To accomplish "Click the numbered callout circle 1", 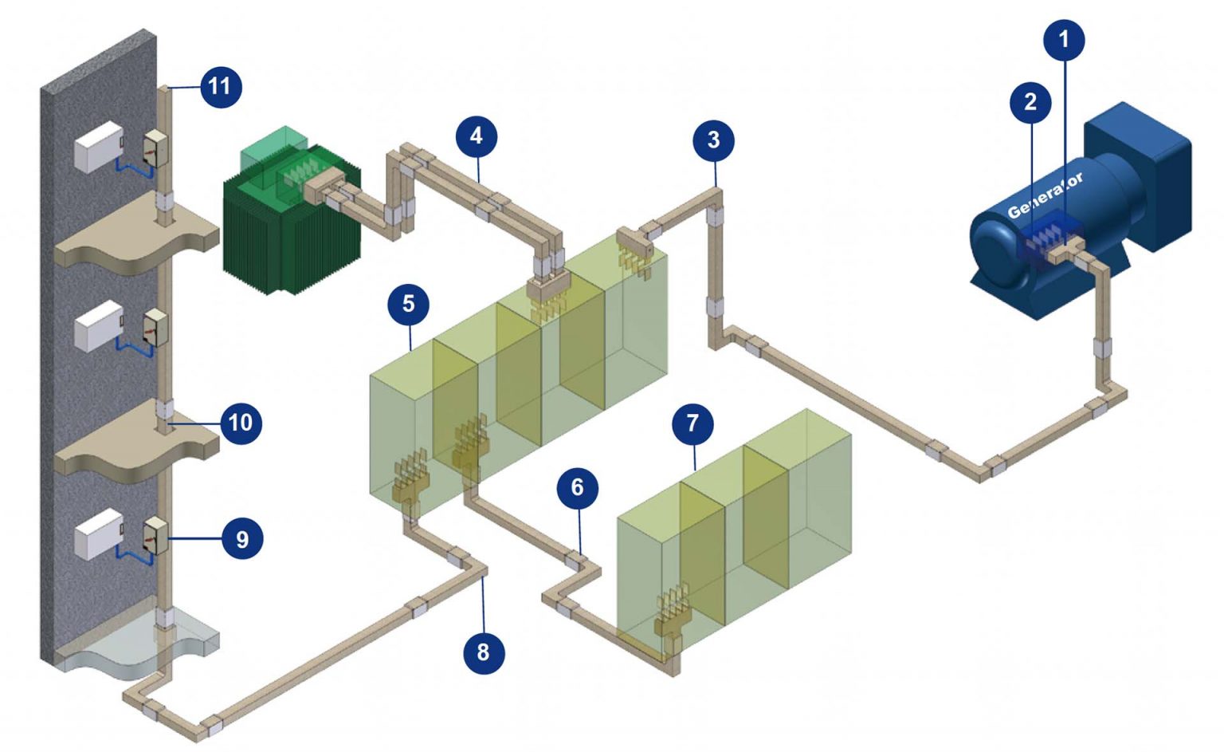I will coord(1063,39).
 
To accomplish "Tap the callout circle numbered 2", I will coord(1030,102).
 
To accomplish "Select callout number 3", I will coord(713,140).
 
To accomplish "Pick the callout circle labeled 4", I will coord(477,136).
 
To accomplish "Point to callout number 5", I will coord(408,304).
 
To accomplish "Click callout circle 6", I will coord(577,487).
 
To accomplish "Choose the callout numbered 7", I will coord(692,423).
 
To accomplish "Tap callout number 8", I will coord(483,652).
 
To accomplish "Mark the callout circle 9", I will coord(241,539).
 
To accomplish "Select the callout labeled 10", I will coord(240,422).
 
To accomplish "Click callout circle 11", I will coord(220,86).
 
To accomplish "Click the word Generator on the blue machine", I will coord(1045,196).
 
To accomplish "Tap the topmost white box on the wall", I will coord(98,148).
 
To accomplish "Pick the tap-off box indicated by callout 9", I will coord(155,536).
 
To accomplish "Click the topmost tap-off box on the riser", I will coord(155,148).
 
